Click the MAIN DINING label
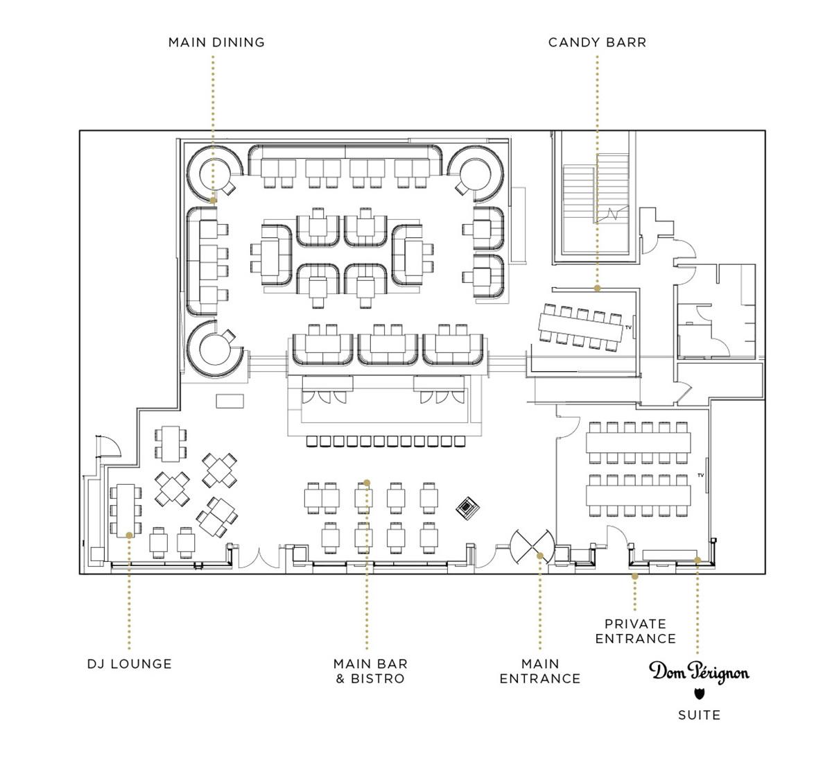[216, 42]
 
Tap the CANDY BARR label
[597, 42]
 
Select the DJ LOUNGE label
[130, 664]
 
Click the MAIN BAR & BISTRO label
[370, 671]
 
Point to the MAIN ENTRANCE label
[540, 671]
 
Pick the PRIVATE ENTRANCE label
[635, 631]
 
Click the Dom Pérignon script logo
[700, 672]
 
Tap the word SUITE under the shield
[700, 715]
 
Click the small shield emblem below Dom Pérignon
[700, 694]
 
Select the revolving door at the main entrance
[532, 547]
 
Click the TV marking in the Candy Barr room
[628, 327]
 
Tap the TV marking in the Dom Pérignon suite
[701, 475]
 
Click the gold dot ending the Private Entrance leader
[635, 576]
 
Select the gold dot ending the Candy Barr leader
[597, 288]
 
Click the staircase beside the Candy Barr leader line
[596, 195]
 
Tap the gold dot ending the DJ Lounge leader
[130, 535]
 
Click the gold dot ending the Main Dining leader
[213, 200]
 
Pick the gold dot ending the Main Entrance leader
[540, 556]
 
